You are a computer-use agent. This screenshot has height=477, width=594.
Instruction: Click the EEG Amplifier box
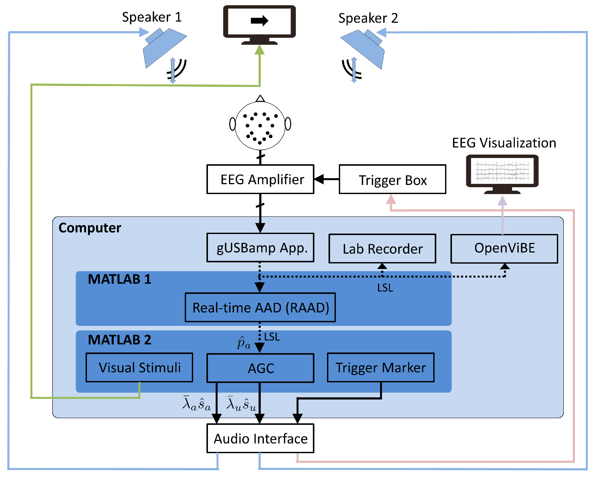click(x=260, y=179)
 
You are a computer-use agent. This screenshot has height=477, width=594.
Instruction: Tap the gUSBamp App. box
click(x=260, y=248)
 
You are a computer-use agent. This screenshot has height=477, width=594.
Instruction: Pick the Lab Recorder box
click(x=382, y=249)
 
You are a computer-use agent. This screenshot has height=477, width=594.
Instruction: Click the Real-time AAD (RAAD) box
click(x=260, y=307)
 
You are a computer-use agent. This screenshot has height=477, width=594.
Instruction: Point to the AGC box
click(x=260, y=368)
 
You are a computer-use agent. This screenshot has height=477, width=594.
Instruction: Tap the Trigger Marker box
click(x=380, y=367)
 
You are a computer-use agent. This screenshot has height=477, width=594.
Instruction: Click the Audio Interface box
click(x=260, y=438)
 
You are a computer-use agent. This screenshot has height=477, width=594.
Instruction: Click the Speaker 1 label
click(x=152, y=17)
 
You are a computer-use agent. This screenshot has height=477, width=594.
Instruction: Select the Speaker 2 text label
click(x=368, y=18)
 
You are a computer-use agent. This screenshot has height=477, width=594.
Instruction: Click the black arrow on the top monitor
click(x=259, y=21)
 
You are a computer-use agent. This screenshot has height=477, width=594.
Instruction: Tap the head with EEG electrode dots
click(x=260, y=126)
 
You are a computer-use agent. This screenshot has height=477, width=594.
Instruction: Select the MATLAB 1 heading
click(x=119, y=279)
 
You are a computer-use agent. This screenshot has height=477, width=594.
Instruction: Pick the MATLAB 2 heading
click(x=119, y=339)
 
